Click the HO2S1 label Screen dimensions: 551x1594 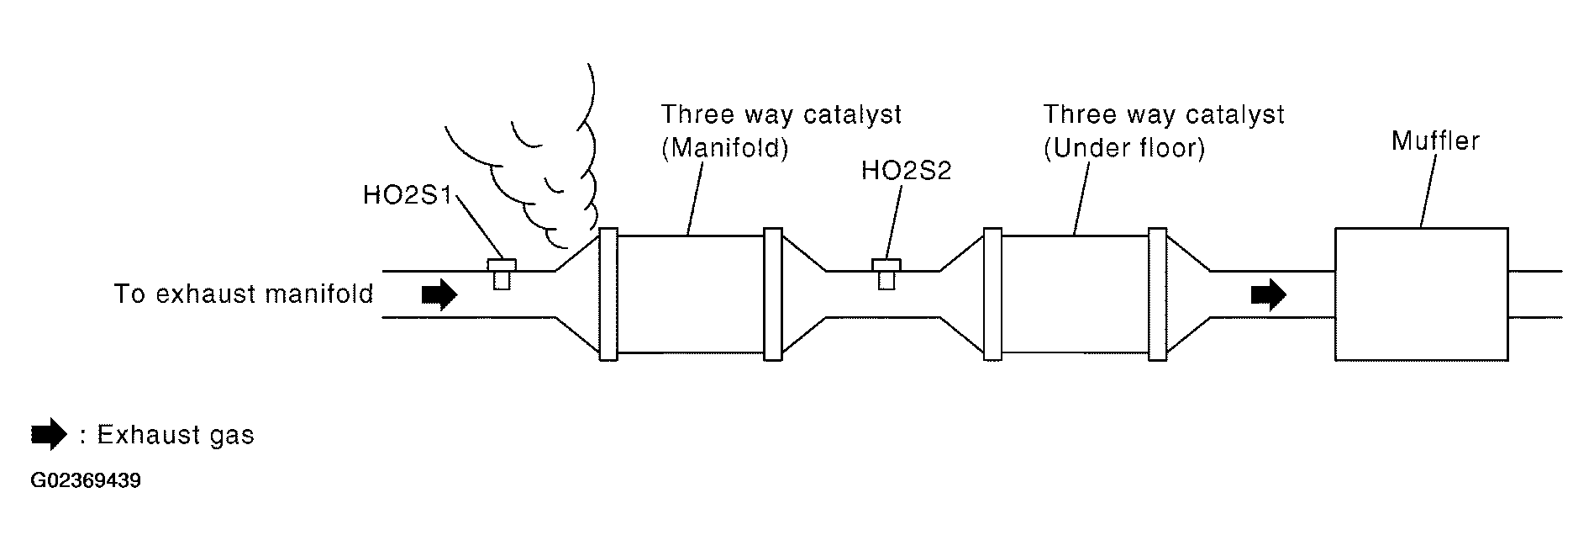coord(407,196)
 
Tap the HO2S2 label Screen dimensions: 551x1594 coord(906,172)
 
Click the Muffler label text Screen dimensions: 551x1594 coord(1434,140)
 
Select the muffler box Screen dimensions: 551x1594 coord(1421,294)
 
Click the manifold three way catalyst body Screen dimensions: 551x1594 coord(690,294)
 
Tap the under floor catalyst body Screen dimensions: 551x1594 coord(1075,294)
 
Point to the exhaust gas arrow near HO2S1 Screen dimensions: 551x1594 coord(439,294)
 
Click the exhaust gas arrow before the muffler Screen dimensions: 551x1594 coord(1268,294)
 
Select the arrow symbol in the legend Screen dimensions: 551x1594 coord(50,435)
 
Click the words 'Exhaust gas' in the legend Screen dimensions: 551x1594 coord(175,435)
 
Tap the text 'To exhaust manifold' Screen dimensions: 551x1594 coord(243,294)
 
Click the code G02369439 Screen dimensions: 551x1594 coord(86,482)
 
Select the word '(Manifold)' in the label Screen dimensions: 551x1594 coord(724,149)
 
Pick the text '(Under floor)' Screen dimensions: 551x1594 coord(1123,149)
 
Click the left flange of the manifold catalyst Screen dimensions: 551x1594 coord(608,294)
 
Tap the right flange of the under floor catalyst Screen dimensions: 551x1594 coord(1157,294)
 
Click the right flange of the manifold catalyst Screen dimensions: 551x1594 coord(772,294)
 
